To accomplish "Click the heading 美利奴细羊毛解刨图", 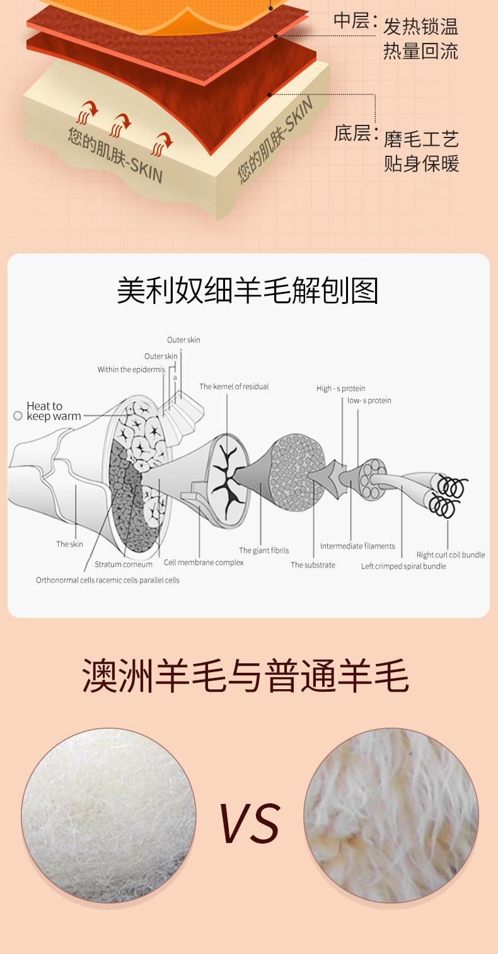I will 248,291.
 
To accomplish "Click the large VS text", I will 250,823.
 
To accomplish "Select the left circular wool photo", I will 108,815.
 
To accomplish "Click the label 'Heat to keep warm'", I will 53,411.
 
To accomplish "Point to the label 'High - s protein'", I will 340,388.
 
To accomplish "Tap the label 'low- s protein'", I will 369,400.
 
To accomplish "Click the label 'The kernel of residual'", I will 234,387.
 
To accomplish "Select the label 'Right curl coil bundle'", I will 451,555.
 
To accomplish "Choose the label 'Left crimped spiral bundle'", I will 403,566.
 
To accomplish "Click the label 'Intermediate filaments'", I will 357,546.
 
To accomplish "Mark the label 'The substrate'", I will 313,565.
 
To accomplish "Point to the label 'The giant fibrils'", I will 263,550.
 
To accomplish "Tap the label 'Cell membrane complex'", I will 204,562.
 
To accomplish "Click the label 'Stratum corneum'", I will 124,564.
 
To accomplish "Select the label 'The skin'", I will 69,544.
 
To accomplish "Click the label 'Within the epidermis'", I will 131,369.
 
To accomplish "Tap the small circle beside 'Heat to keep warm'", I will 18,416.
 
